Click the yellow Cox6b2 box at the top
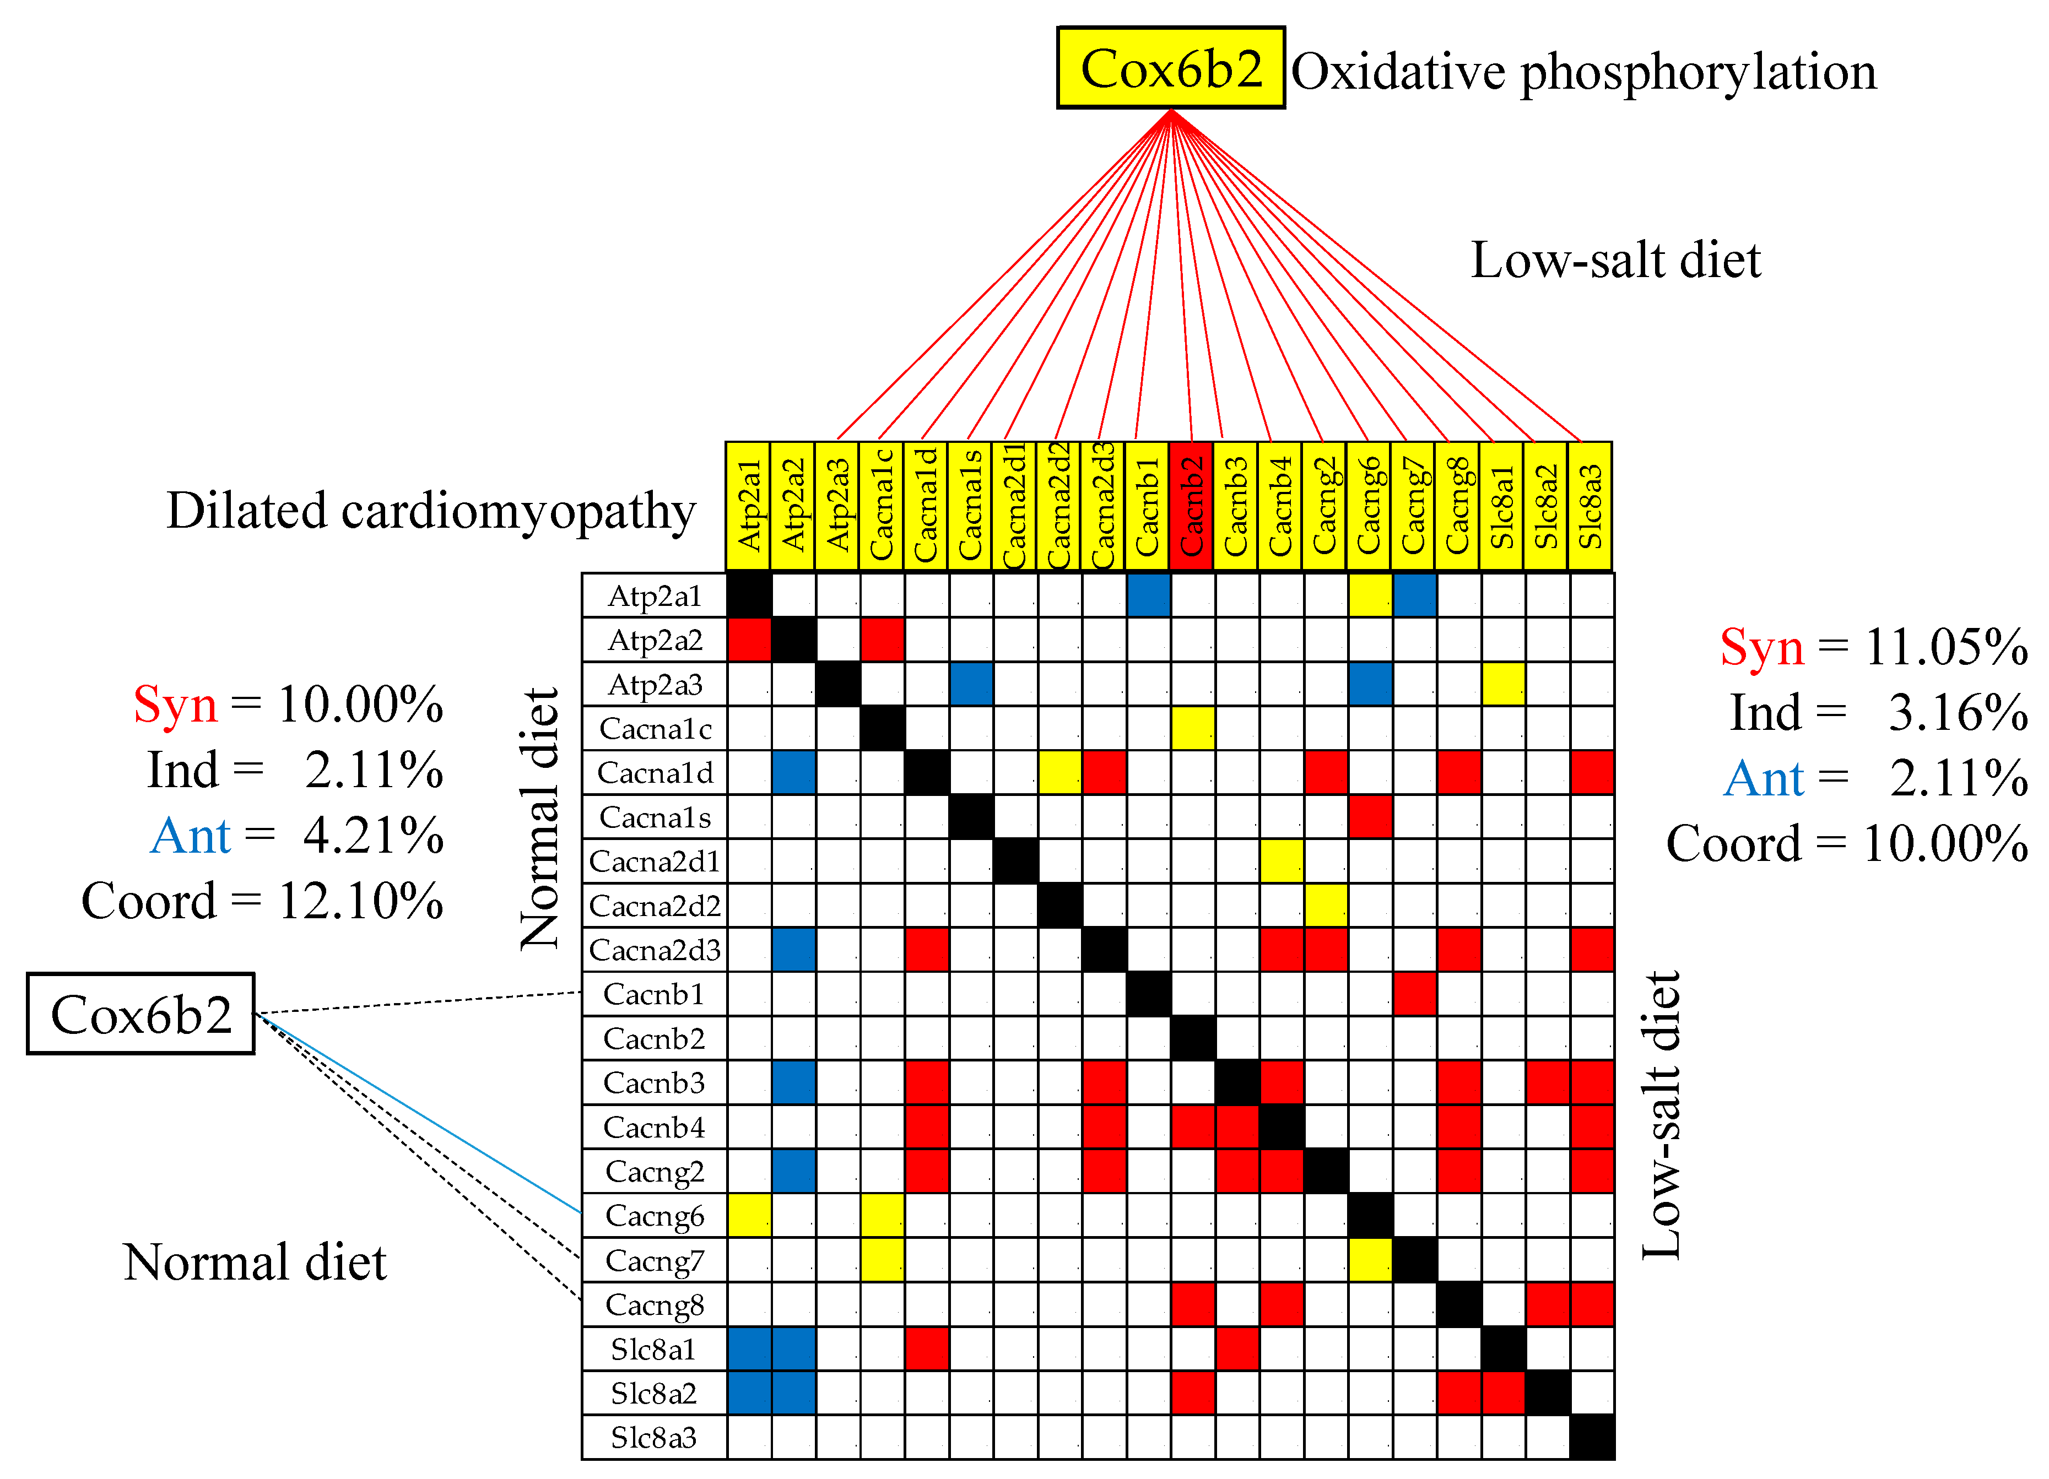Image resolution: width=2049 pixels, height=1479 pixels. pyautogui.click(x=1170, y=68)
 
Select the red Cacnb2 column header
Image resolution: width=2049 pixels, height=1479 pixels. pyautogui.click(x=1192, y=506)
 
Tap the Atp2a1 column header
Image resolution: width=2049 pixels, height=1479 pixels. pyautogui.click(x=748, y=506)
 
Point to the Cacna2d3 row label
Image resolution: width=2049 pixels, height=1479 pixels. pyautogui.click(x=654, y=950)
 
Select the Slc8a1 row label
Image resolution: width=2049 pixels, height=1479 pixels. pyautogui.click(x=654, y=1349)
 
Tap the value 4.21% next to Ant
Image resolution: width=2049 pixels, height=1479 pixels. pyautogui.click(x=373, y=836)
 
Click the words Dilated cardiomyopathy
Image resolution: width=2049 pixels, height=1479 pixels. pyautogui.click(x=431, y=511)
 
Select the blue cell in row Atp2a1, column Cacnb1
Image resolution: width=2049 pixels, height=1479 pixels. pyautogui.click(x=1148, y=595)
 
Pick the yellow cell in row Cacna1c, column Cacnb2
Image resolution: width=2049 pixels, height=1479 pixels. pyautogui.click(x=1192, y=728)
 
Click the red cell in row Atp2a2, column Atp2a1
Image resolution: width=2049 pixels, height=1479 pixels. pyautogui.click(x=749, y=640)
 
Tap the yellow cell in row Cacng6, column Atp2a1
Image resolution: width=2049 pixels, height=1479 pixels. pyautogui.click(x=749, y=1215)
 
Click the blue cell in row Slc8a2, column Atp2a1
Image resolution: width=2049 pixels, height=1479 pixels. pyautogui.click(x=749, y=1393)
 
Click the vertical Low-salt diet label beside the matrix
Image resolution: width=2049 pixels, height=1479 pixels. pyautogui.click(x=1661, y=1116)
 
